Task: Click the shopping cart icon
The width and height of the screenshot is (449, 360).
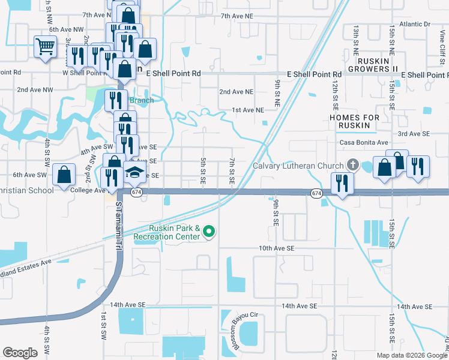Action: (46, 46)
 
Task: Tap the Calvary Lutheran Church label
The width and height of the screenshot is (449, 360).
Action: (298, 166)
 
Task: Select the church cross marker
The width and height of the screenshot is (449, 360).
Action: (352, 165)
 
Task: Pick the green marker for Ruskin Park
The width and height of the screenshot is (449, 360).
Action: (209, 230)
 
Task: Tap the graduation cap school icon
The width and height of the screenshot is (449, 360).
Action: (135, 175)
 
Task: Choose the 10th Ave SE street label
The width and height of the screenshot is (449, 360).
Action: (276, 248)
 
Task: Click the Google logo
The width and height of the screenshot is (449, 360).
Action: (20, 353)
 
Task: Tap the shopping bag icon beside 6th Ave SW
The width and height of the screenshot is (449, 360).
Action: (64, 175)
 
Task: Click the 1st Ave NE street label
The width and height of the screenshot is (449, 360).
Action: (248, 110)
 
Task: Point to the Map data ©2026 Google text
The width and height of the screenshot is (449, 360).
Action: (411, 355)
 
